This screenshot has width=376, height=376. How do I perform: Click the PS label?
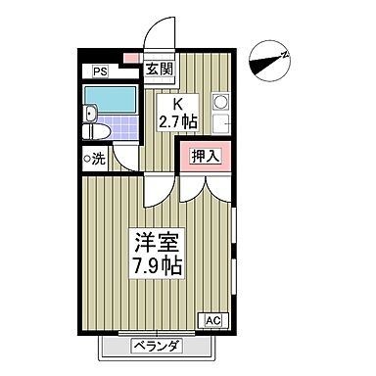pyautogui.click(x=100, y=70)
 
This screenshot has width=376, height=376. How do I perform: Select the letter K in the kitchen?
pyautogui.click(x=178, y=106)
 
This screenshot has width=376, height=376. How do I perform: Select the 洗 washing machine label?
pyautogui.click(x=100, y=159)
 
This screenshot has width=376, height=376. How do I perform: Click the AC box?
pyautogui.click(x=212, y=319)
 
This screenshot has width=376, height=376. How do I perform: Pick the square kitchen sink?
pyautogui.click(x=219, y=124)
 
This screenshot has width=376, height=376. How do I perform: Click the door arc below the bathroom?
pyautogui.click(x=124, y=157)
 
